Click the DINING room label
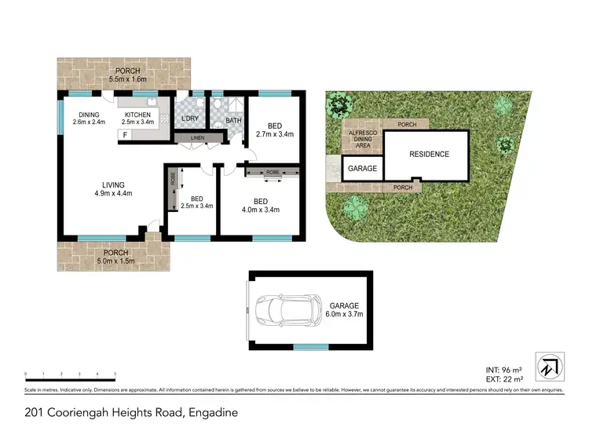[x=89, y=118]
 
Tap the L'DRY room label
[x=189, y=119]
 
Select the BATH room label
[x=234, y=121]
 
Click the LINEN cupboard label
[x=196, y=139]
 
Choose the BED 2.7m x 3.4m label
[x=274, y=130]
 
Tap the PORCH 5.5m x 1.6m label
[x=125, y=75]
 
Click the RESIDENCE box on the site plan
[x=429, y=155]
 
